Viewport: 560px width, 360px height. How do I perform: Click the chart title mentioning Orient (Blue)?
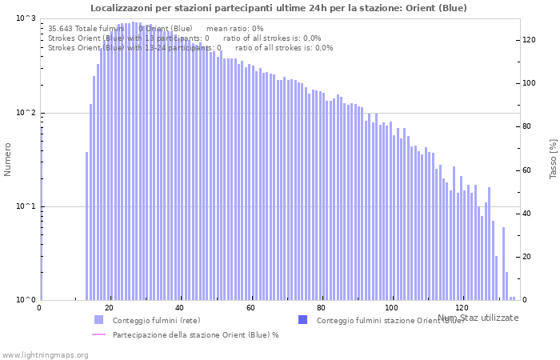click(278, 8)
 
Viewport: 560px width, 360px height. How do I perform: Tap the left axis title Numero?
click(8, 159)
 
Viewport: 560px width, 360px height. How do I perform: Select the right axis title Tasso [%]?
click(553, 158)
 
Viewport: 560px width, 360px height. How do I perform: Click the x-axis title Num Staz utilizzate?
click(478, 318)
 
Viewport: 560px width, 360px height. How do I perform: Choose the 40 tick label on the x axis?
click(180, 308)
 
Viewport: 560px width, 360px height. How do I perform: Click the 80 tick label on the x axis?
click(321, 308)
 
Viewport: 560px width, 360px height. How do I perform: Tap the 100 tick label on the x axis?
click(391, 308)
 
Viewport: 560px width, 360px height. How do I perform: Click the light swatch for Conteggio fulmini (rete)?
click(98, 320)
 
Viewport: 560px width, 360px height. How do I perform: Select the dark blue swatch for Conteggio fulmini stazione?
click(302, 320)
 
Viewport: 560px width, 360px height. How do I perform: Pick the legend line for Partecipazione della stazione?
click(98, 334)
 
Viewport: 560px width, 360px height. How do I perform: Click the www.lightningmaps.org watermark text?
click(45, 354)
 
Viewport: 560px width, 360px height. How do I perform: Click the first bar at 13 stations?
click(86, 226)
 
